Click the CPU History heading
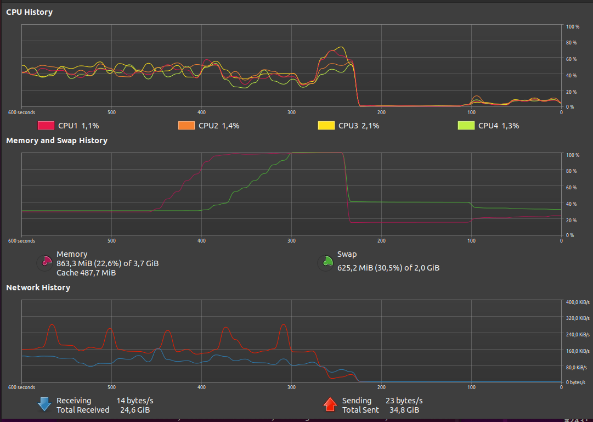(x=29, y=12)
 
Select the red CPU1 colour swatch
(x=46, y=126)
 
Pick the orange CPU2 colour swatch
(x=187, y=126)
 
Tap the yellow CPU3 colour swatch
(x=326, y=126)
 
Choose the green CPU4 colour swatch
(x=466, y=126)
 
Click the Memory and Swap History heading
(x=57, y=140)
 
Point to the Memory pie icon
(x=44, y=263)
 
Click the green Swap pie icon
(x=325, y=263)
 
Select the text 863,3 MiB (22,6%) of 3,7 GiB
(x=108, y=263)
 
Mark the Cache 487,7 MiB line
(x=86, y=272)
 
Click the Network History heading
(x=38, y=288)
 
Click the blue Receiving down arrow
(x=44, y=405)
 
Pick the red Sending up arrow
(x=330, y=405)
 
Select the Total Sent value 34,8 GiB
(x=404, y=410)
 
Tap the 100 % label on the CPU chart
(x=573, y=26)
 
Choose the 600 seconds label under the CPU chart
(x=21, y=112)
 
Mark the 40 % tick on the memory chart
(x=572, y=204)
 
